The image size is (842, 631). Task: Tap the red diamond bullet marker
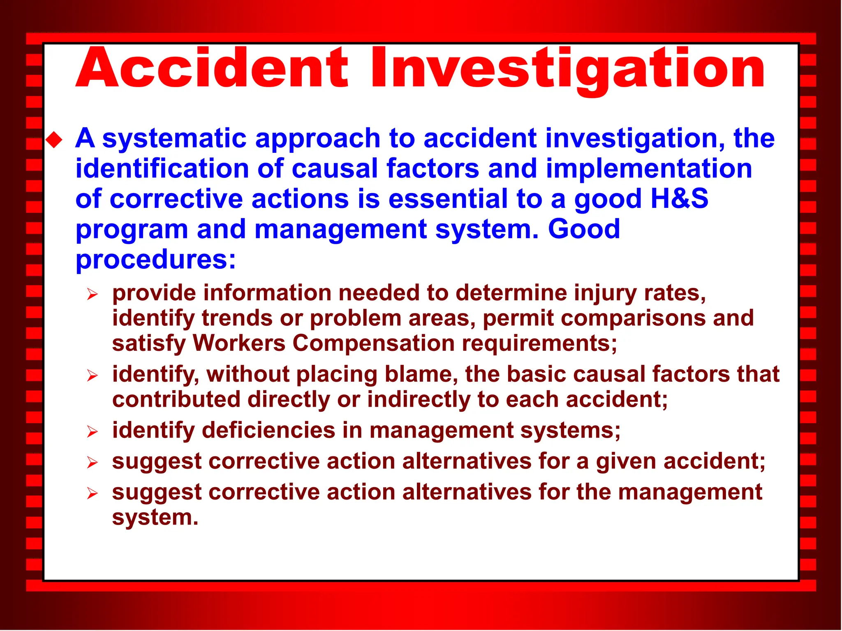point(54,140)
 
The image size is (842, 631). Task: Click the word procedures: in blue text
point(156,260)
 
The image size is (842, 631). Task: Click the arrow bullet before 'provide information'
point(92,295)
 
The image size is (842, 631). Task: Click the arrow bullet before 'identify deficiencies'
point(92,432)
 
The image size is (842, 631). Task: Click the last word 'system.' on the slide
point(155,517)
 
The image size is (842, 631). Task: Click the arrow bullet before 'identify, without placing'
point(92,376)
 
